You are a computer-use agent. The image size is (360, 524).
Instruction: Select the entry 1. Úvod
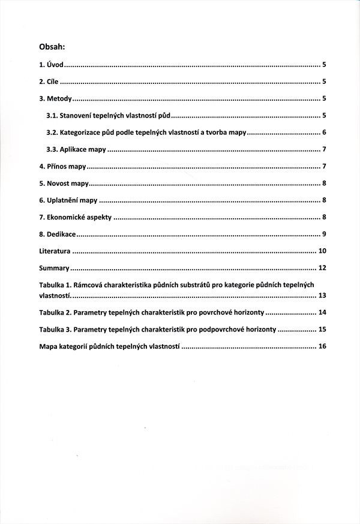[51, 64]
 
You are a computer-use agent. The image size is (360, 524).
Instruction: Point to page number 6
[323, 132]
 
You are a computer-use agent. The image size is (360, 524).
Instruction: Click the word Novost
[59, 183]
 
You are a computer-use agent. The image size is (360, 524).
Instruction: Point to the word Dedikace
[61, 234]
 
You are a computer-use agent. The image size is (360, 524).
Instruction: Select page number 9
[323, 234]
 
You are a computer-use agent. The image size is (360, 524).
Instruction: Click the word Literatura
[55, 251]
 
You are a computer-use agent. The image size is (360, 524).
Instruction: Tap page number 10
[322, 251]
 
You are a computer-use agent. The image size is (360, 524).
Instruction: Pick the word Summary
[54, 268]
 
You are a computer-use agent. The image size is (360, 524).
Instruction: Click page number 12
[322, 268]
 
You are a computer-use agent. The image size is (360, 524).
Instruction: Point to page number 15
[322, 329]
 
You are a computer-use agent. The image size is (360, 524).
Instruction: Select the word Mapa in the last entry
[48, 347]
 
